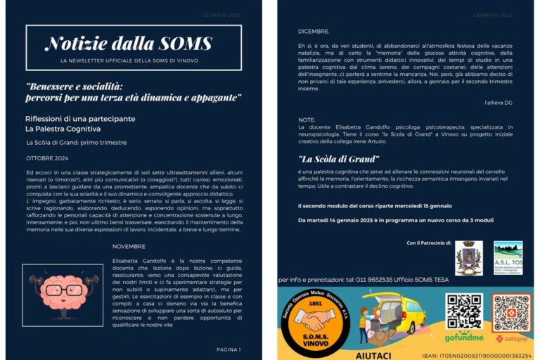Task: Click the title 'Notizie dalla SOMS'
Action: [128, 44]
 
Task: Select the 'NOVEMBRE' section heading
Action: [129, 246]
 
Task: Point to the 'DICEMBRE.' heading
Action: [313, 32]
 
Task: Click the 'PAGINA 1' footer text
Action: [228, 349]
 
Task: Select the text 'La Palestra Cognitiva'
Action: [63, 129]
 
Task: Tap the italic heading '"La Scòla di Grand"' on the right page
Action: [339, 159]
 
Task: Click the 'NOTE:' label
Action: [307, 120]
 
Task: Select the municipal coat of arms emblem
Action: [468, 258]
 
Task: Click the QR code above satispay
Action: [510, 311]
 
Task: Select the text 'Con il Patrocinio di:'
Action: [429, 243]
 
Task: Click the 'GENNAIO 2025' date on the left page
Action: [221, 14]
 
